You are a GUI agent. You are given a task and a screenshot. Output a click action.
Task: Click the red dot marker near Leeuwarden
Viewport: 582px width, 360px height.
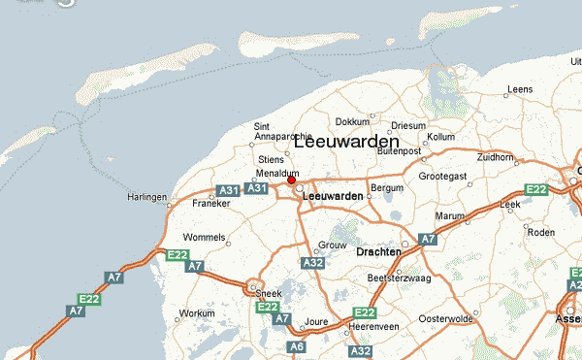291,180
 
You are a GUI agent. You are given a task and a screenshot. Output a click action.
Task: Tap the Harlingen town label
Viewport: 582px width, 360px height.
147,197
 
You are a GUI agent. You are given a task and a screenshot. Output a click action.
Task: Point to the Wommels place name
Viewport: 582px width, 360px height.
204,237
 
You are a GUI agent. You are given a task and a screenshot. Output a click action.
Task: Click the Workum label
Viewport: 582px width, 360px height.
197,313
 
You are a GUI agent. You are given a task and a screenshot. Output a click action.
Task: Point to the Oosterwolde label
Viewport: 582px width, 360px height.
445,318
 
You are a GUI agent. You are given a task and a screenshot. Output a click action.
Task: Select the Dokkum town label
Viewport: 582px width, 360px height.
352,122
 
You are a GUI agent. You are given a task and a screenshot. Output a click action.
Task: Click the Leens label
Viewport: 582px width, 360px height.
520,90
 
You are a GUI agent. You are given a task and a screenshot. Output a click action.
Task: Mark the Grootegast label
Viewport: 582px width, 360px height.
442,176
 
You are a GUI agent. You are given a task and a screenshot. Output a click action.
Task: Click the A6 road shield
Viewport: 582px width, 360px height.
298,346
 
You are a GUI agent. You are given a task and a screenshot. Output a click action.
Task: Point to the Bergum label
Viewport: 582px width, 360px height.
386,186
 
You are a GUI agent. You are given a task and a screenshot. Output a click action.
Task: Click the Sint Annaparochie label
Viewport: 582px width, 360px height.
281,131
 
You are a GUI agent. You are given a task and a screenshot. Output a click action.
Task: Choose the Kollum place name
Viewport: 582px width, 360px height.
440,138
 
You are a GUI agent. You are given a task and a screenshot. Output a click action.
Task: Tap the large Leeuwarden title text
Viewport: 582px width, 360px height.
345,141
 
